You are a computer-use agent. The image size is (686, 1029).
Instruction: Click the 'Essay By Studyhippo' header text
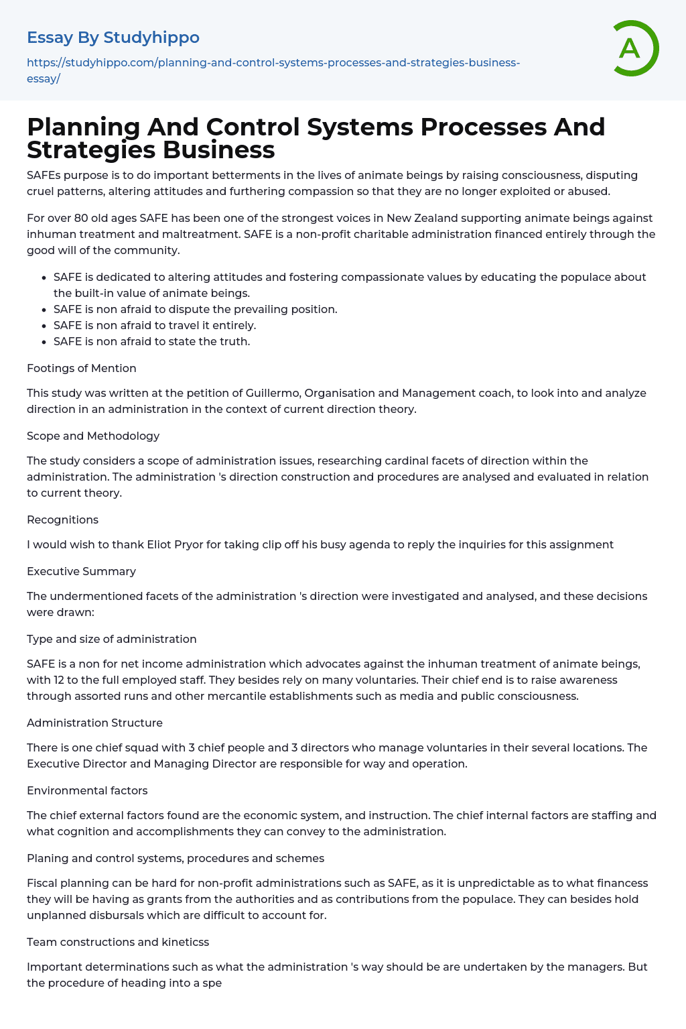(x=113, y=38)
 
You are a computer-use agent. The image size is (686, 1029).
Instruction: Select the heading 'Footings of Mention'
(x=81, y=368)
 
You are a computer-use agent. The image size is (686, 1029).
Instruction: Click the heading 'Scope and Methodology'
(x=93, y=436)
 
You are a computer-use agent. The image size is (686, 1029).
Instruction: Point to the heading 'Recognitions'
(x=62, y=520)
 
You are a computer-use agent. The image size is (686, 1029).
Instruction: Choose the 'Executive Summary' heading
(x=81, y=571)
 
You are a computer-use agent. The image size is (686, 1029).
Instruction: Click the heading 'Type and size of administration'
(x=111, y=639)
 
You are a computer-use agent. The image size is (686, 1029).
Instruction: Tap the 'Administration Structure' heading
(x=94, y=723)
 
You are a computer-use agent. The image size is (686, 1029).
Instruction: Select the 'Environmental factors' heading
(x=87, y=790)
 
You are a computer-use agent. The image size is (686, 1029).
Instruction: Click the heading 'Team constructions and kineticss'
(x=118, y=942)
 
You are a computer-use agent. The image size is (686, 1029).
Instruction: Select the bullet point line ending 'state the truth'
(x=151, y=341)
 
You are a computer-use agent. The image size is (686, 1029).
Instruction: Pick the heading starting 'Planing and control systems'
(x=176, y=858)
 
